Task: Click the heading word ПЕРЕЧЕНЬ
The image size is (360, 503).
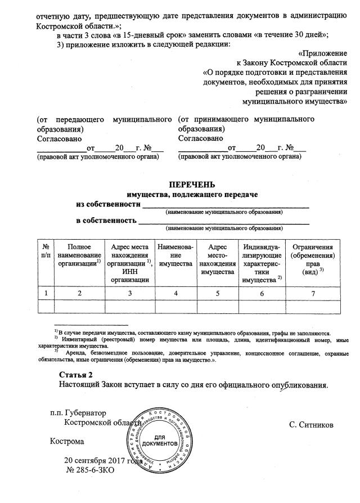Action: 192,185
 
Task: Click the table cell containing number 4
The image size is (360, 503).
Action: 176,293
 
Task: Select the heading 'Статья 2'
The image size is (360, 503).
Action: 76,375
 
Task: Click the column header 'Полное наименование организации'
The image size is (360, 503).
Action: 79,255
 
